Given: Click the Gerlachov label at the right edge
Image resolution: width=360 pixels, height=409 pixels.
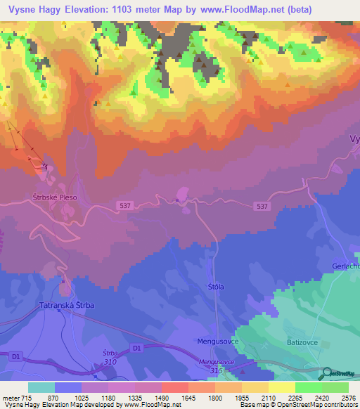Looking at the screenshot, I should click(345, 266).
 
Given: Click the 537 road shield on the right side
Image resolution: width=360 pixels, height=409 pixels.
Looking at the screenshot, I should click(262, 206).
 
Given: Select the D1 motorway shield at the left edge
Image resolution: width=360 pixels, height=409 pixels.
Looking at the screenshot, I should click(15, 358).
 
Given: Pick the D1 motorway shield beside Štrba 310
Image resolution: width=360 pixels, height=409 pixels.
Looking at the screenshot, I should click(136, 348).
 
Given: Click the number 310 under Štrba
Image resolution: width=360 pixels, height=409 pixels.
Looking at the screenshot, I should click(110, 362).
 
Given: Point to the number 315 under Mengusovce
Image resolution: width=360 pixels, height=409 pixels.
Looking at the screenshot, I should click(224, 370).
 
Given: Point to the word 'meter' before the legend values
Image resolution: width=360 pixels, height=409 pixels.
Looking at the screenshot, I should click(12, 398).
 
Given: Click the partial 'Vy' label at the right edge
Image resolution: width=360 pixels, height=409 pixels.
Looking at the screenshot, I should click(354, 139).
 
